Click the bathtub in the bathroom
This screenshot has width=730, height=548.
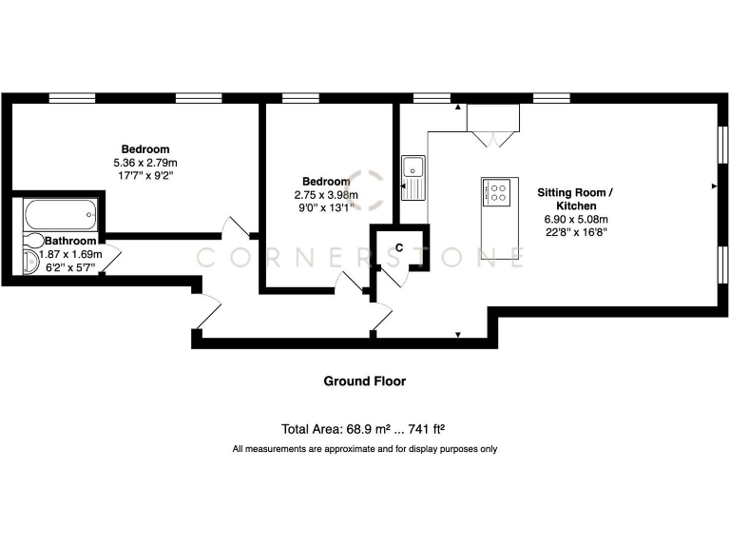click(x=59, y=213)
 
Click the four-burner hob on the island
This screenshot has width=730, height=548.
click(x=496, y=193)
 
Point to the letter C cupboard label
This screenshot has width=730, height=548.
click(x=399, y=247)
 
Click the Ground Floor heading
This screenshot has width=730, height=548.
click(x=365, y=382)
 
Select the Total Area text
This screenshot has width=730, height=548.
click(x=365, y=428)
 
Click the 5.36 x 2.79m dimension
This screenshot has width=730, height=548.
click(x=145, y=163)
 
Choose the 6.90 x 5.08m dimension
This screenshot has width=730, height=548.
click(x=575, y=218)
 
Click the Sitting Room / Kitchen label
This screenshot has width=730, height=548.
click(x=575, y=199)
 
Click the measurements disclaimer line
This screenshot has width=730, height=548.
click(x=365, y=449)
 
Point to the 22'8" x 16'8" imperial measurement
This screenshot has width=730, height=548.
click(x=575, y=231)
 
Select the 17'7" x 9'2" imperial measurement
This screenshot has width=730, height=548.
click(x=145, y=176)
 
